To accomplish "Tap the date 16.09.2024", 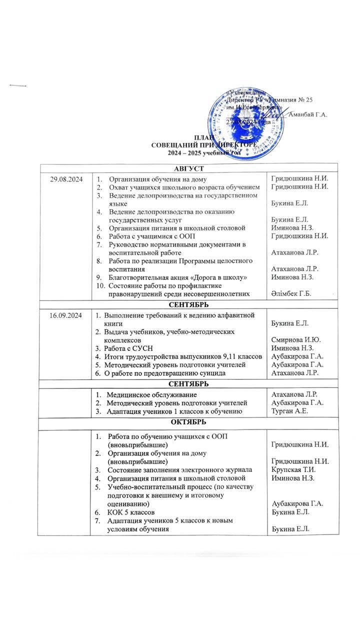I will pyautogui.click(x=63, y=315).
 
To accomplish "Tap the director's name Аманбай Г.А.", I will pyautogui.click(x=308, y=114).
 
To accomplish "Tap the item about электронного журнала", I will pyautogui.click(x=180, y=469).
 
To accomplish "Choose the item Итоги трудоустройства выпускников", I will pyautogui.click(x=182, y=356).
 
